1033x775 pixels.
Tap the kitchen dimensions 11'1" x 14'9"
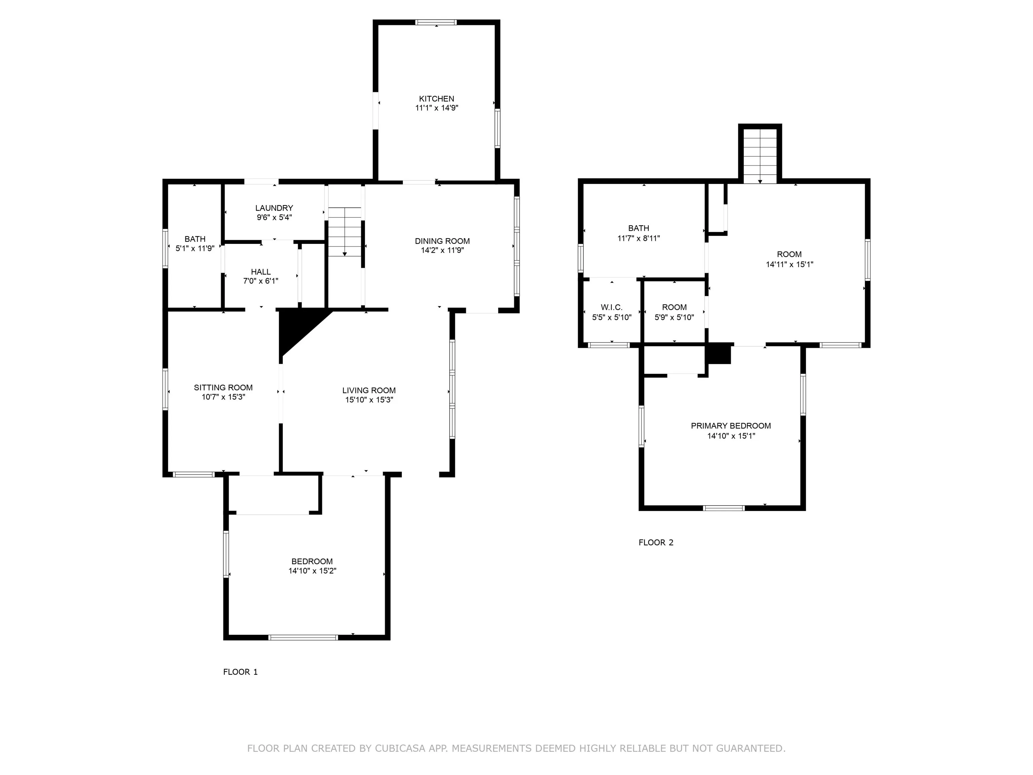(437, 108)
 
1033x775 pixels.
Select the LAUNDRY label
(274, 208)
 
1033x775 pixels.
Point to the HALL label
(261, 272)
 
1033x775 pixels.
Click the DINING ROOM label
(442, 241)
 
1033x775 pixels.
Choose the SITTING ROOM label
(223, 387)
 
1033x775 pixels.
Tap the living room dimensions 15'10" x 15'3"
(369, 400)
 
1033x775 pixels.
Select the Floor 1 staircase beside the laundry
(345, 232)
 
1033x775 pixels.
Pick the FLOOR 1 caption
(240, 672)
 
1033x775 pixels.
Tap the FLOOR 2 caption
(656, 542)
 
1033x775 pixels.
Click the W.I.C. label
(612, 307)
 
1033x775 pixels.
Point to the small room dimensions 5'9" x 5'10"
(674, 318)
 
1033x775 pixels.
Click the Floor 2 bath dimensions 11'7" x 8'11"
(638, 238)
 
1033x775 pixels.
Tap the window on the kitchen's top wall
(436, 22)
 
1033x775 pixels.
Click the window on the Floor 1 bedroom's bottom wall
(303, 637)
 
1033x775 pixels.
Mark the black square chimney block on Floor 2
(719, 354)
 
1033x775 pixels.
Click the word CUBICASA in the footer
(400, 748)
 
